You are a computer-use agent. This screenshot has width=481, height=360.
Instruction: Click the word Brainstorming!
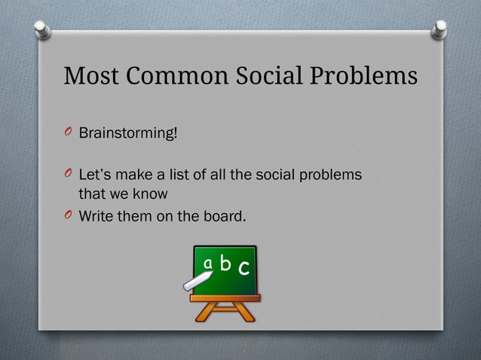point(128,133)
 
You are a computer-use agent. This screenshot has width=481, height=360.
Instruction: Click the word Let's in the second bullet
point(93,175)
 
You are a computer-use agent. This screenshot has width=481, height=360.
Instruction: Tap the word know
point(152,195)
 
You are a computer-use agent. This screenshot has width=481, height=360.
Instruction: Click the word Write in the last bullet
point(95,218)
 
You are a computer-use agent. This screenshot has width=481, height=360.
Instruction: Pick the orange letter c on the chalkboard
point(243,268)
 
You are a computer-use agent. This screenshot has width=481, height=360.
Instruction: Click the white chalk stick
point(198,282)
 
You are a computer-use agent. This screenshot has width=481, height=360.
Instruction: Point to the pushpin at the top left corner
point(43,29)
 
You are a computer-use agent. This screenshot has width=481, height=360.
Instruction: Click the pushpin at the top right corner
point(440,29)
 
